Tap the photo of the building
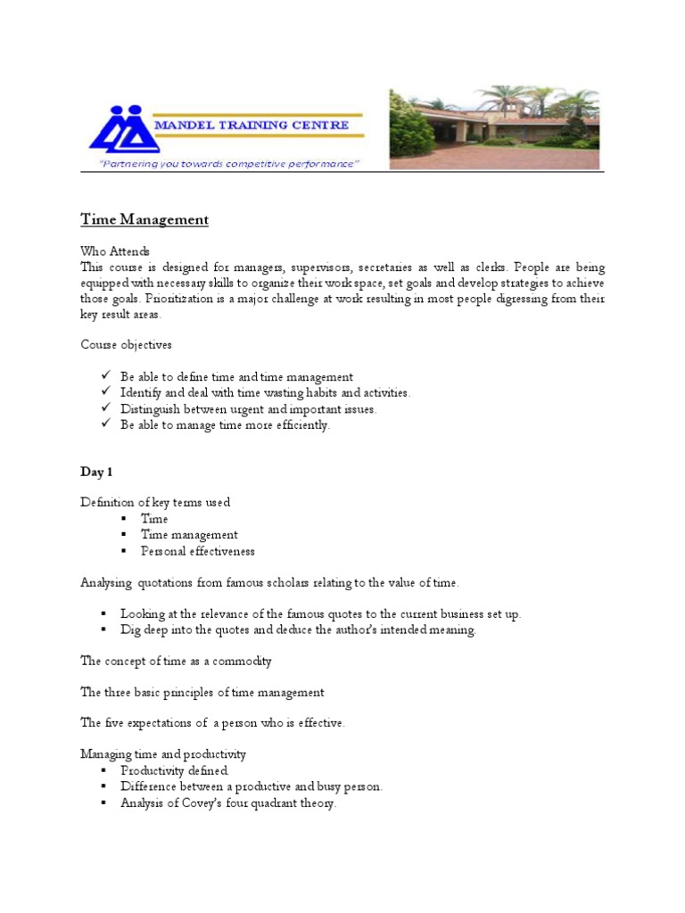(x=494, y=127)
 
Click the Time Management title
(x=144, y=219)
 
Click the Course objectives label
(x=126, y=344)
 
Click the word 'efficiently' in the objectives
(x=302, y=425)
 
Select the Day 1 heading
(x=97, y=471)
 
